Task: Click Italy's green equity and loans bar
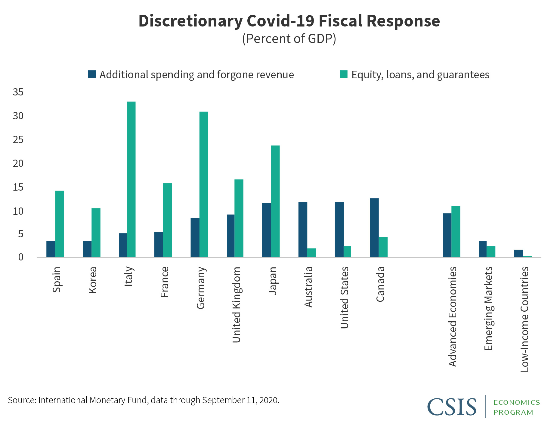tap(131, 179)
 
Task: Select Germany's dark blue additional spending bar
tap(195, 238)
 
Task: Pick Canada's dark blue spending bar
tap(374, 228)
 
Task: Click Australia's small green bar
tap(311, 253)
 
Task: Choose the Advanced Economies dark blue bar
tap(447, 235)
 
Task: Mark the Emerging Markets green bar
tap(491, 251)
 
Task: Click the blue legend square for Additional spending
tap(92, 74)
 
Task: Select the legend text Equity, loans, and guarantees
tap(420, 75)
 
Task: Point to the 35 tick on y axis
tap(18, 92)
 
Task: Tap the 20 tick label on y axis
tap(18, 164)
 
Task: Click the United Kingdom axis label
tap(237, 304)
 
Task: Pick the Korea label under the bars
tap(92, 280)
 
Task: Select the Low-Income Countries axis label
tap(525, 319)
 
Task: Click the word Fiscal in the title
tap(338, 21)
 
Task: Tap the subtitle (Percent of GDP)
tap(289, 39)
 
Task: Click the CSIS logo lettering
tap(452, 407)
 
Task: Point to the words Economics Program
tap(516, 407)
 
